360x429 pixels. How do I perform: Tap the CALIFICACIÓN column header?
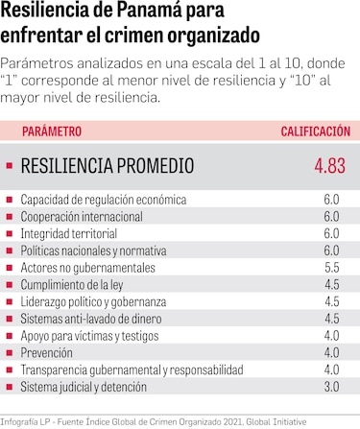(315, 131)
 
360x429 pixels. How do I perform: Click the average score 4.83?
(329, 166)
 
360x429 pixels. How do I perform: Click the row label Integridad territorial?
(72, 233)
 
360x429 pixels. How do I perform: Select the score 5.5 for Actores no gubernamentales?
(332, 268)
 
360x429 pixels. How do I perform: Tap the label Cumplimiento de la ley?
(73, 284)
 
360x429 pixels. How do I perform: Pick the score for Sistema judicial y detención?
(332, 387)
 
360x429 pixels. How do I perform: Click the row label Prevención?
(47, 352)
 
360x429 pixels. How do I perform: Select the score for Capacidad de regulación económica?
(332, 200)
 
